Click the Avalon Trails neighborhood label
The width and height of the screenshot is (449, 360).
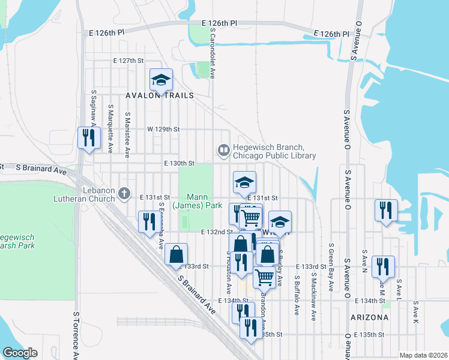tap(160, 95)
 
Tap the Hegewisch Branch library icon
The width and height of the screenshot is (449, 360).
tap(223, 149)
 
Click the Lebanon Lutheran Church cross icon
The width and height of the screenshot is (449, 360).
tap(124, 193)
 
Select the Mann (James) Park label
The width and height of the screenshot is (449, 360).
tap(197, 201)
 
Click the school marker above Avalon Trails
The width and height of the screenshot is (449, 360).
tap(161, 80)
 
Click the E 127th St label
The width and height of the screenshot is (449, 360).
tap(129, 61)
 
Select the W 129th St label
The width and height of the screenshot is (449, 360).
tap(164, 129)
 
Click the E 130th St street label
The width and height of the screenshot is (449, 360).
tap(179, 163)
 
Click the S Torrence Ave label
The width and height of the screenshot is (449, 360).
tap(76, 336)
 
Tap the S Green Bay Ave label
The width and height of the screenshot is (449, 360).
tap(331, 268)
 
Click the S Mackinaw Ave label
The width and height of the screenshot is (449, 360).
tap(313, 296)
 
